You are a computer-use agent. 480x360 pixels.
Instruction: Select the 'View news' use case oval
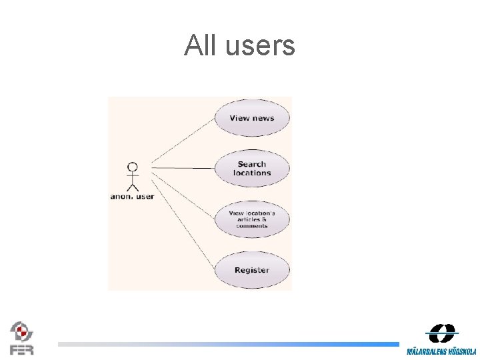[252, 118]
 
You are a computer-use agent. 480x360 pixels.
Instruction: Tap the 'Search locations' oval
[252, 168]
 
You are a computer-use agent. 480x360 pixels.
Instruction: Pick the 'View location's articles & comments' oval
[252, 219]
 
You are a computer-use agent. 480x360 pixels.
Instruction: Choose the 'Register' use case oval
[252, 270]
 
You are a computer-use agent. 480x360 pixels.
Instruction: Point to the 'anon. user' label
[132, 197]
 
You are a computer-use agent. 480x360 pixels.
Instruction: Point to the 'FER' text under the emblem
[21, 349]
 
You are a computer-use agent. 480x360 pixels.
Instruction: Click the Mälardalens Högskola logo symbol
[441, 333]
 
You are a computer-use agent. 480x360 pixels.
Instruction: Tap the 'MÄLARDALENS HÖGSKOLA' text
[441, 351]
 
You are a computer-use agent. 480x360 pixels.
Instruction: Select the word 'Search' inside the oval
[252, 164]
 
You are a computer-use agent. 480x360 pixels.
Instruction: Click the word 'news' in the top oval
[263, 118]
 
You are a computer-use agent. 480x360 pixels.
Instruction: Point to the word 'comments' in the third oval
[252, 226]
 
